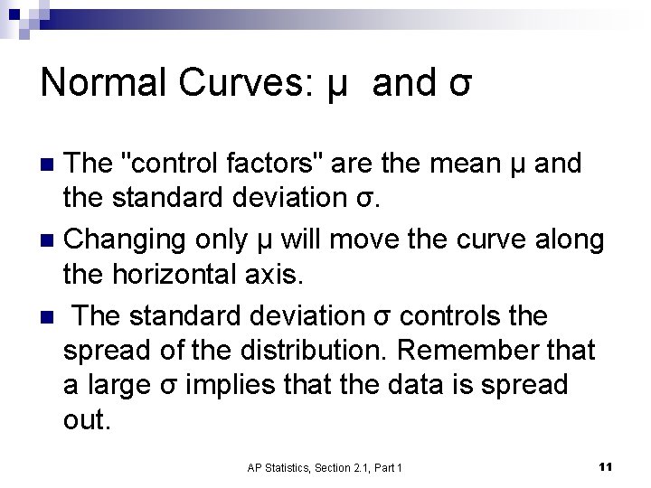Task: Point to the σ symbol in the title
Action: (x=459, y=85)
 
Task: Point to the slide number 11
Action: (x=606, y=466)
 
